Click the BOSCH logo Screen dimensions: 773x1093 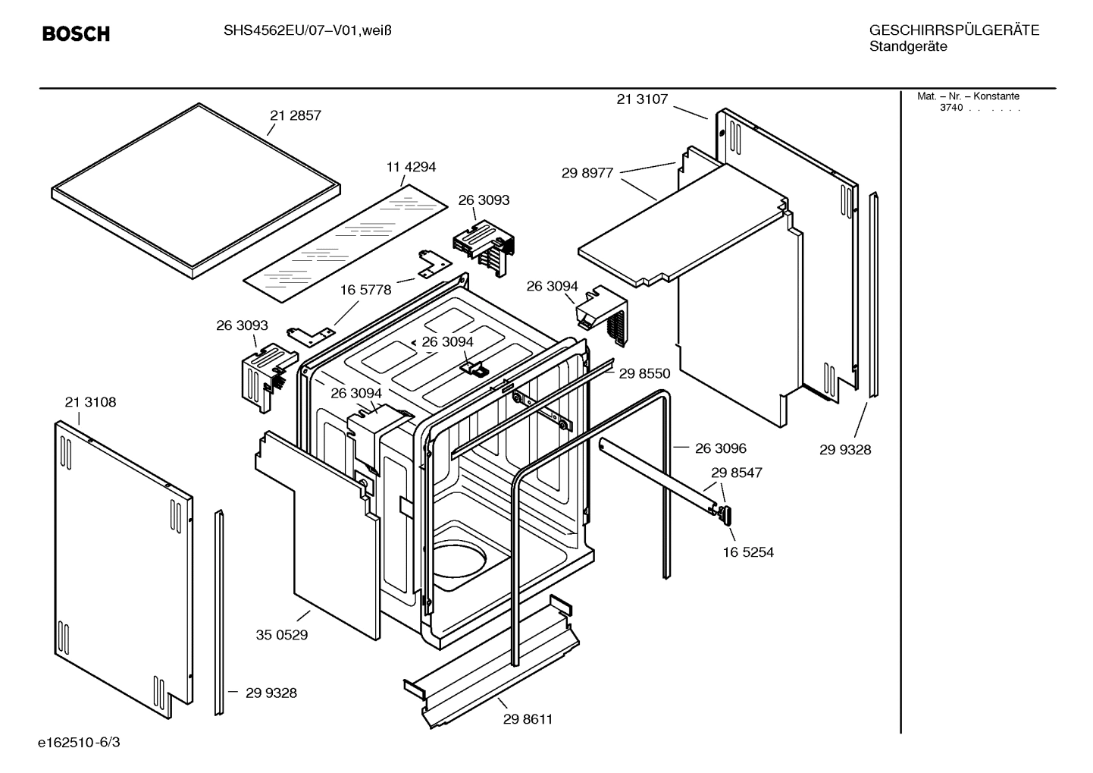pyautogui.click(x=76, y=34)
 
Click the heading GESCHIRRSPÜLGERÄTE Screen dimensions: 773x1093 pyautogui.click(x=954, y=30)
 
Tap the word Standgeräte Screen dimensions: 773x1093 pyautogui.click(x=907, y=46)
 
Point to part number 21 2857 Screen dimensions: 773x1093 pyautogui.click(x=296, y=116)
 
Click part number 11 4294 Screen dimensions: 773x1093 pyautogui.click(x=411, y=167)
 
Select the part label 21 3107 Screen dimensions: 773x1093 pyautogui.click(x=642, y=99)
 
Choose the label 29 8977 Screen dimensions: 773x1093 pyautogui.click(x=587, y=173)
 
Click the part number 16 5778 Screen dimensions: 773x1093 pyautogui.click(x=365, y=290)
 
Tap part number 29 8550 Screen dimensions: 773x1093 pyautogui.click(x=644, y=373)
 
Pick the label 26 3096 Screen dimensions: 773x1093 pyautogui.click(x=720, y=448)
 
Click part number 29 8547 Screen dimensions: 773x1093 pyautogui.click(x=736, y=473)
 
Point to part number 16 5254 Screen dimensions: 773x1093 pyautogui.click(x=748, y=552)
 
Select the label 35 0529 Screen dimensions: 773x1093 pyautogui.click(x=282, y=635)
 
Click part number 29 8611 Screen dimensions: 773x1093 pyautogui.click(x=528, y=719)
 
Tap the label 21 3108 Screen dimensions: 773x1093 pyautogui.click(x=90, y=402)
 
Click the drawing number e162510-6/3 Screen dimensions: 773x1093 pyautogui.click(x=79, y=742)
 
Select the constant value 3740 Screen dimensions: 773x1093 pyautogui.click(x=951, y=108)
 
